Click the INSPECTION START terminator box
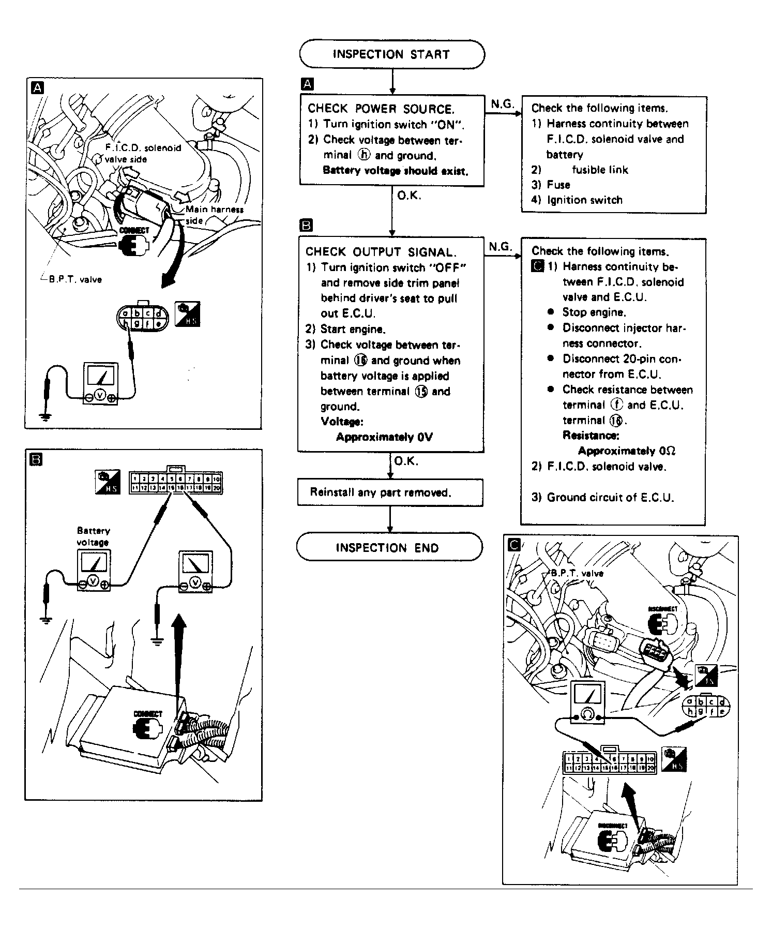click(391, 54)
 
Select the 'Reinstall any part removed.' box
click(390, 492)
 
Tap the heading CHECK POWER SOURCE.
click(381, 109)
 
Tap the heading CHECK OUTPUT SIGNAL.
click(381, 252)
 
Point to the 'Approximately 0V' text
click(384, 437)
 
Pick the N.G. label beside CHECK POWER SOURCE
click(502, 104)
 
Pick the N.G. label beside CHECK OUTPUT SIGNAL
click(501, 247)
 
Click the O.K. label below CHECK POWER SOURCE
click(409, 196)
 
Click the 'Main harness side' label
click(213, 215)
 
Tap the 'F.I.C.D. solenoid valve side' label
click(142, 153)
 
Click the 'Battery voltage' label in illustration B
click(93, 536)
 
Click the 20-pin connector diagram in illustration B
click(176, 482)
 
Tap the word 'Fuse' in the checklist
click(558, 185)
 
